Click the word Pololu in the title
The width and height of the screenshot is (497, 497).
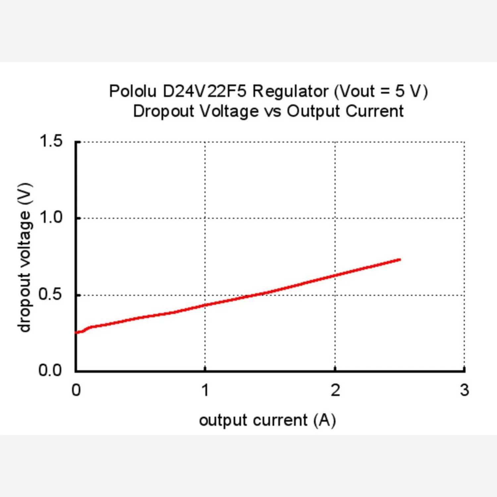tap(133, 91)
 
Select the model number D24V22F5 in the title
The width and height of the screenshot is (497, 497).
tap(205, 91)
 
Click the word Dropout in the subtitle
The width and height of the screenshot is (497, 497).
tap(163, 112)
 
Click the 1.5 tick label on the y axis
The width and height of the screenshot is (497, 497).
tap(51, 141)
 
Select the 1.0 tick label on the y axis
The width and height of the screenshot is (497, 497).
tap(51, 218)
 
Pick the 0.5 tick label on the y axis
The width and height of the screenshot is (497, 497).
tap(50, 294)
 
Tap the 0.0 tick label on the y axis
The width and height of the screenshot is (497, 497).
tap(50, 370)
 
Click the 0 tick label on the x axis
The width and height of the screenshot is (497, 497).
tap(76, 390)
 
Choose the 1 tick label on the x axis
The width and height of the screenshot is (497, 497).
tap(205, 390)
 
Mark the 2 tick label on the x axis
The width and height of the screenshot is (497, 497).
tap(335, 390)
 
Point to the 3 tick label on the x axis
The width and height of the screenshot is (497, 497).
tap(465, 390)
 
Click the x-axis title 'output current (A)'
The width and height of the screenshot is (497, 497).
tap(267, 420)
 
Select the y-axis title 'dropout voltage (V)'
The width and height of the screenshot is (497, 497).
tap(25, 257)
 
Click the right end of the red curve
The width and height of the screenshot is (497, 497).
tap(401, 259)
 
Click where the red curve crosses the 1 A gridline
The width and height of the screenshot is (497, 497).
tap(205, 305)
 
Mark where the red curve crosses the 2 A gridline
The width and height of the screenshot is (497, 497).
tap(335, 275)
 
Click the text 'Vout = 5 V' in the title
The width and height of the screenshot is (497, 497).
tap(381, 91)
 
